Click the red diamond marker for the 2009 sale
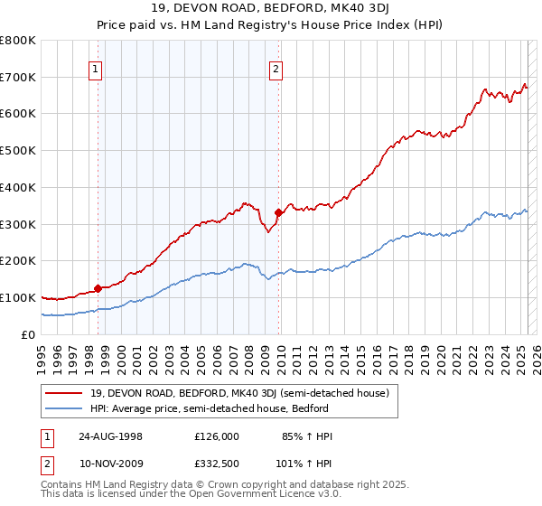[x=278, y=212]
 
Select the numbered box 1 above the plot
[x=96, y=68]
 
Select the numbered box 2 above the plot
[x=276, y=68]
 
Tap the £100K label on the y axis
[x=18, y=297]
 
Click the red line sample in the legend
[x=64, y=392]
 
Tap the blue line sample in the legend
[x=64, y=408]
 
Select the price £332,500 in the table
[x=216, y=464]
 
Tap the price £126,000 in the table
[x=216, y=436]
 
